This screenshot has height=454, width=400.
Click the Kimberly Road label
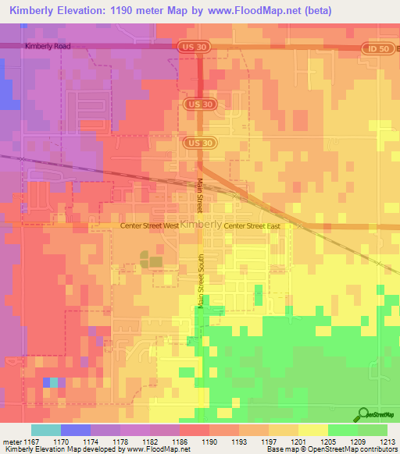(x=48, y=46)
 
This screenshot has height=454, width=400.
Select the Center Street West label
(x=149, y=225)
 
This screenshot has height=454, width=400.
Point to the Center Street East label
(x=252, y=225)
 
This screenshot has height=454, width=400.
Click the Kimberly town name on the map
(x=201, y=224)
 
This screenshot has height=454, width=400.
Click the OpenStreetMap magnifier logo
(x=362, y=415)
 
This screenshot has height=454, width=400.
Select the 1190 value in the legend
(x=209, y=441)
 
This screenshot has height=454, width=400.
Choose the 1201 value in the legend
(x=298, y=441)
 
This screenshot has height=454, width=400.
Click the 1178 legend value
(x=120, y=441)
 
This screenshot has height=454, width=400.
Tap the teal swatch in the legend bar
(x=46, y=430)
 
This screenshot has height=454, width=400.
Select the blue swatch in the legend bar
(x=76, y=430)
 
